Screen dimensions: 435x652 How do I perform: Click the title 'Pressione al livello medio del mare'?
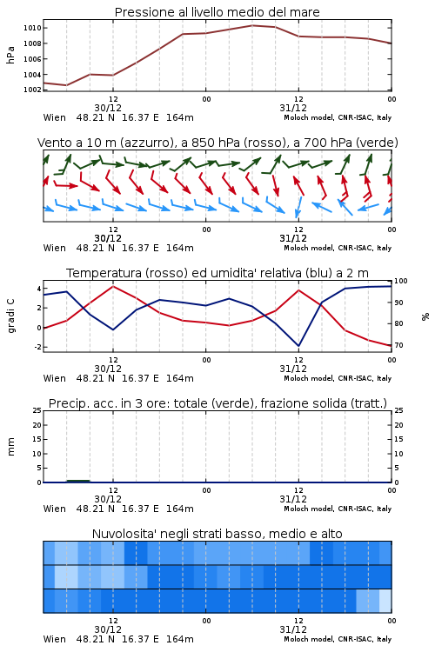coord(217,12)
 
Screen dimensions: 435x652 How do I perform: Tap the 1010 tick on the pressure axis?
coord(32,28)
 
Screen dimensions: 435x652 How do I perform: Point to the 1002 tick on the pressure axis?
coord(32,90)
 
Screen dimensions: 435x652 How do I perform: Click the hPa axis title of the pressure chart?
coord(10,55)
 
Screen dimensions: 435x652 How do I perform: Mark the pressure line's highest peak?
coord(252,25)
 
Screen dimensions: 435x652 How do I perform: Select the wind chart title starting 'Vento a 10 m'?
coord(217,143)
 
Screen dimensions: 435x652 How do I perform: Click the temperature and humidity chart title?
coord(217,273)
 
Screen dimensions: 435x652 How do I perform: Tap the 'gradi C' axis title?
coord(10,316)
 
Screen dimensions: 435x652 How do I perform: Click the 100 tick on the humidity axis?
coord(401,281)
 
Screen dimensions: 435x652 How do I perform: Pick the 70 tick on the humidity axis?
coord(398,345)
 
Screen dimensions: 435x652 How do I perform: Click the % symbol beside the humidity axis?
coord(425,316)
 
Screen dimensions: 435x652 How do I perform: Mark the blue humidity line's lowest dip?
coord(298,345)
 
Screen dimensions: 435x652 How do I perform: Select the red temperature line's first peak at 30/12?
coord(113,286)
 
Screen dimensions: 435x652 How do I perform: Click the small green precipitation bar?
coord(78,481)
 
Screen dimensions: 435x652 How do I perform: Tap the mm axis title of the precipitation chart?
coord(10,447)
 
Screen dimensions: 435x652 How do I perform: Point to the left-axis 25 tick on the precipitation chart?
coord(37,410)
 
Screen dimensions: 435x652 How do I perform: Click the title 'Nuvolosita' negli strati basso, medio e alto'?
coord(217,534)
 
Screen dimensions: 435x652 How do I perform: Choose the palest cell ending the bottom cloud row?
coord(385,601)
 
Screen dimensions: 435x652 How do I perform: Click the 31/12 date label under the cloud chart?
coord(293,629)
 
